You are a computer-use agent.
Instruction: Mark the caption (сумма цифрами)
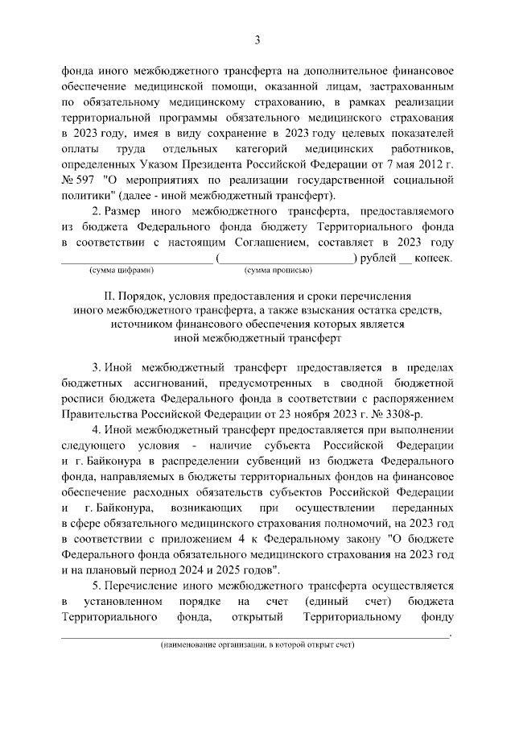121,271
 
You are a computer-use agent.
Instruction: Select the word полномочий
323,524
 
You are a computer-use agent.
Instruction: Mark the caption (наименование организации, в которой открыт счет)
257,645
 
